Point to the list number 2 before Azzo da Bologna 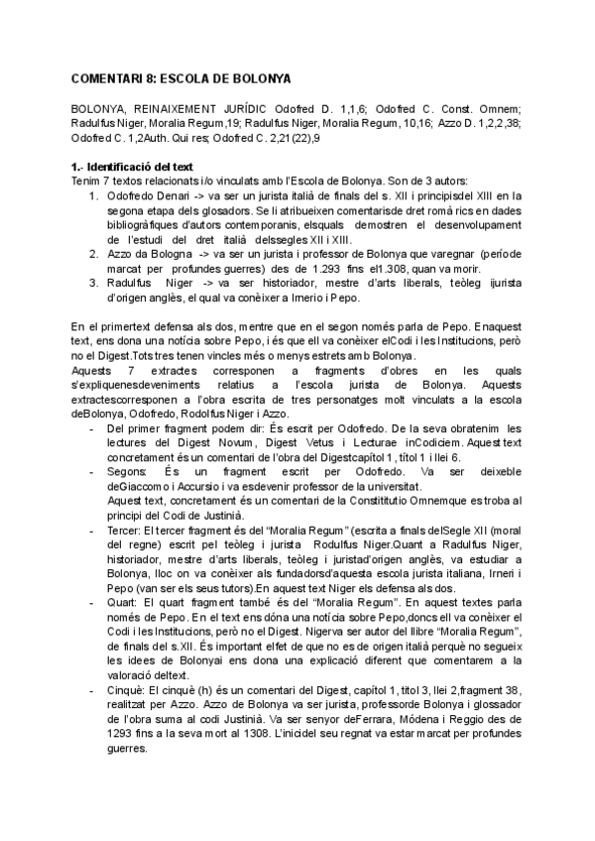(x=93, y=254)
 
